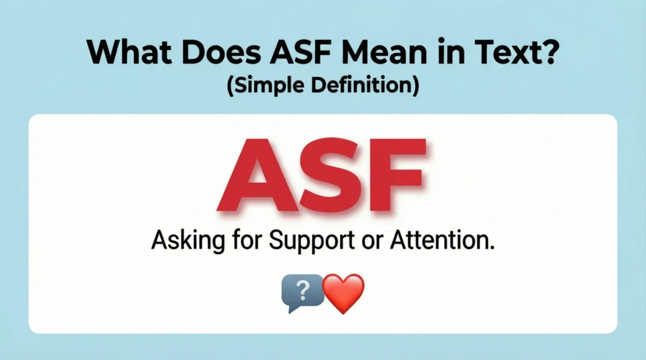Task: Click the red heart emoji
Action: click(343, 294)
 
